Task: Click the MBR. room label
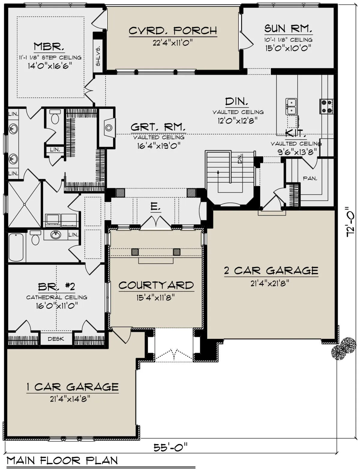click(x=49, y=46)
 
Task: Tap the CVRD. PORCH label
click(x=173, y=31)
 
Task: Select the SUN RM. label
click(x=288, y=28)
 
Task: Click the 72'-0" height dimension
click(x=350, y=222)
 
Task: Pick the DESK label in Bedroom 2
click(x=56, y=339)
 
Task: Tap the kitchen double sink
click(x=291, y=107)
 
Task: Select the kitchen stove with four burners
click(x=326, y=107)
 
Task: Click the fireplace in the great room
click(x=109, y=128)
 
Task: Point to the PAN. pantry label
click(x=310, y=178)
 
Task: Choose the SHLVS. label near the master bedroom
click(x=98, y=56)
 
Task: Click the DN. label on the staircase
click(x=240, y=159)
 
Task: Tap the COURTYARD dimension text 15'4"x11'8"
click(x=155, y=298)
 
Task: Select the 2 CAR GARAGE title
click(x=271, y=271)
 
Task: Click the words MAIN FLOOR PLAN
click(x=62, y=461)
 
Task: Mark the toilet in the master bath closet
click(x=55, y=117)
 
